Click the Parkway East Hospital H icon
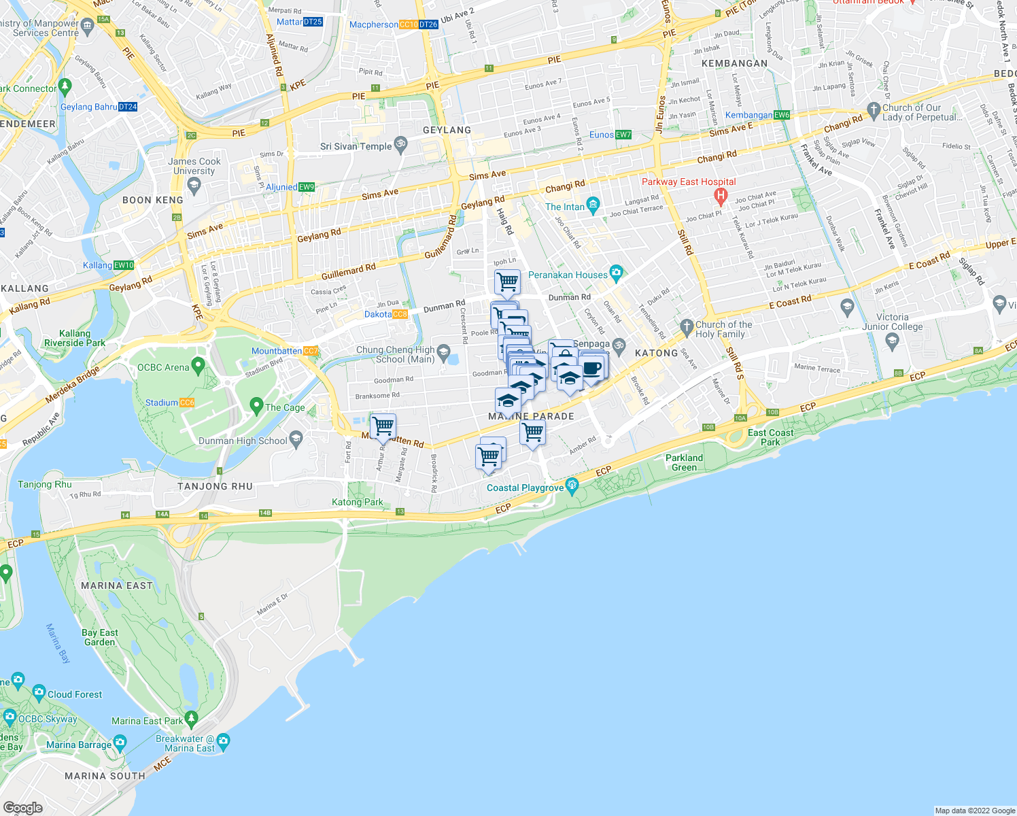click(721, 196)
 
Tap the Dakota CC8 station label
click(385, 314)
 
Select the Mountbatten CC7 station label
click(284, 351)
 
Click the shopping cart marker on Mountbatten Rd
click(383, 426)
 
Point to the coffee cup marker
click(592, 368)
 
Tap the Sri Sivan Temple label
click(356, 146)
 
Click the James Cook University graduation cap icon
click(194, 185)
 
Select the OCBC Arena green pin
click(199, 366)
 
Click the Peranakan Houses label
click(568, 275)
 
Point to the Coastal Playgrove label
click(525, 488)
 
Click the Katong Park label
click(357, 502)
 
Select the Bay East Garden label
click(100, 637)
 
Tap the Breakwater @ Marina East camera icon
click(223, 740)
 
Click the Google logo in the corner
click(23, 808)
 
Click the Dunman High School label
click(243, 441)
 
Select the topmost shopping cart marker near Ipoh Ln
click(507, 281)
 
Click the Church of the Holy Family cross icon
click(687, 326)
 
